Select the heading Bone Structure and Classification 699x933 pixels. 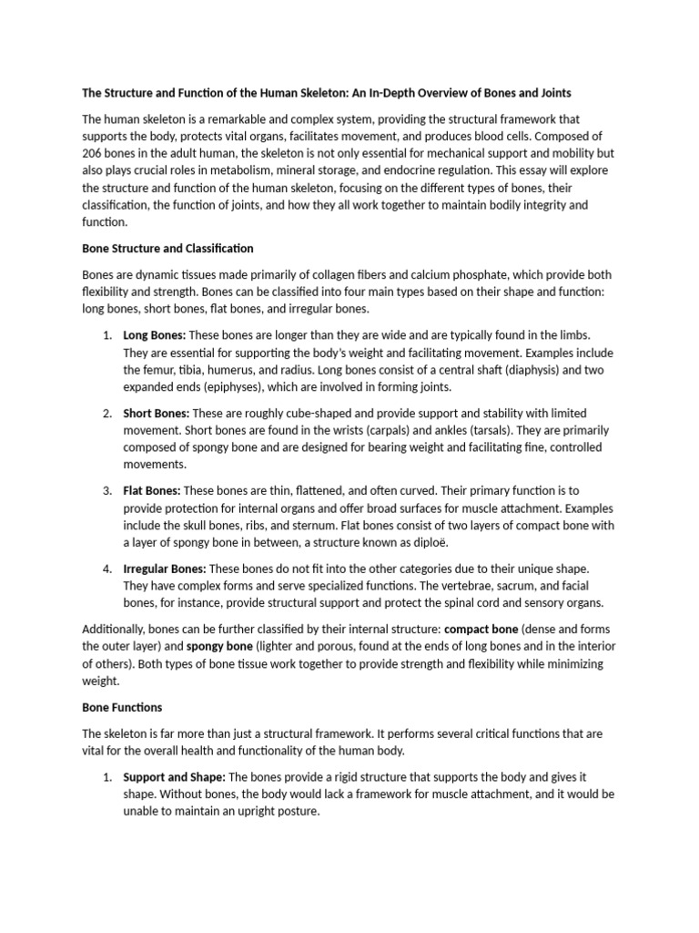[167, 248]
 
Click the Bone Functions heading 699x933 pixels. [122, 707]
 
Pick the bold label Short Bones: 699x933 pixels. [157, 413]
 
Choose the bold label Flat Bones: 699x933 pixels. [152, 490]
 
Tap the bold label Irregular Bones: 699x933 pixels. [165, 569]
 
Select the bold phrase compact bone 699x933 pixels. [481, 629]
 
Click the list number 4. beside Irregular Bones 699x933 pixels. [106, 569]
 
